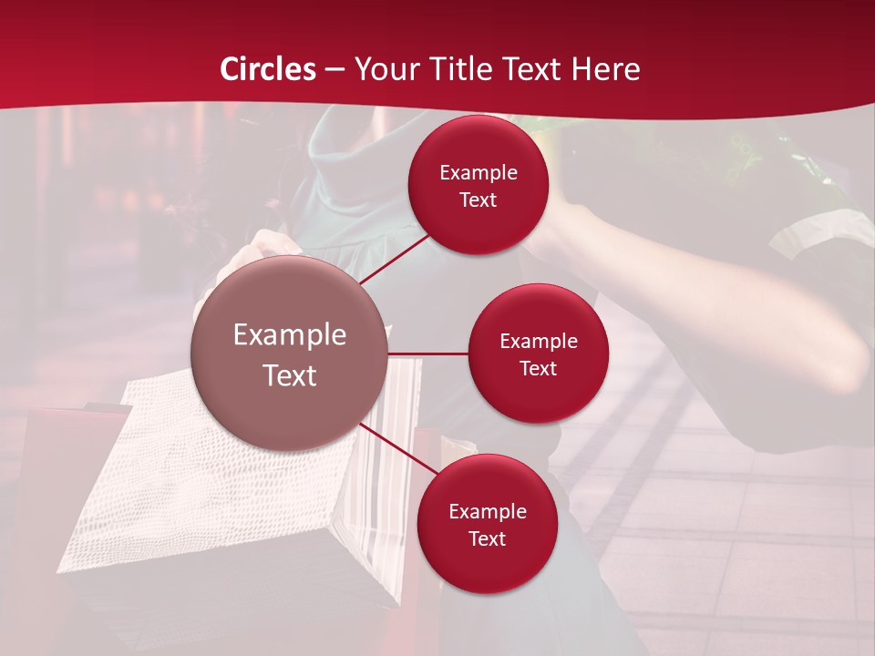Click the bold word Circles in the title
[268, 69]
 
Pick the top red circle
[479, 185]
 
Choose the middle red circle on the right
[538, 354]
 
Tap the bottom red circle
[487, 524]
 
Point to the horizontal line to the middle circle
[428, 354]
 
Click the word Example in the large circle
[290, 334]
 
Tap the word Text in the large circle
[290, 375]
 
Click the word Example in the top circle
[479, 172]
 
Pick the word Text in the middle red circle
[538, 368]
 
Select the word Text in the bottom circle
[487, 538]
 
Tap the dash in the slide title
[335, 69]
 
